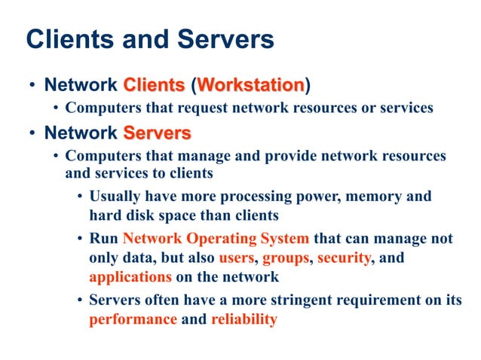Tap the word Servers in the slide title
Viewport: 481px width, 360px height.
pos(226,39)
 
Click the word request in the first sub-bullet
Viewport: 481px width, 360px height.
pos(183,108)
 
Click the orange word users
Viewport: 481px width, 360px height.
pos(238,258)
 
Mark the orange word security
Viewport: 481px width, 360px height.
pos(344,258)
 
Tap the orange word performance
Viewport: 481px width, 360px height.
pos(133,319)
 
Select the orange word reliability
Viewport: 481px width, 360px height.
pos(244,319)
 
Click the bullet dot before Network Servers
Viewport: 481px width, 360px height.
pos(32,134)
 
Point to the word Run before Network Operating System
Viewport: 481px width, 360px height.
pos(104,239)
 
